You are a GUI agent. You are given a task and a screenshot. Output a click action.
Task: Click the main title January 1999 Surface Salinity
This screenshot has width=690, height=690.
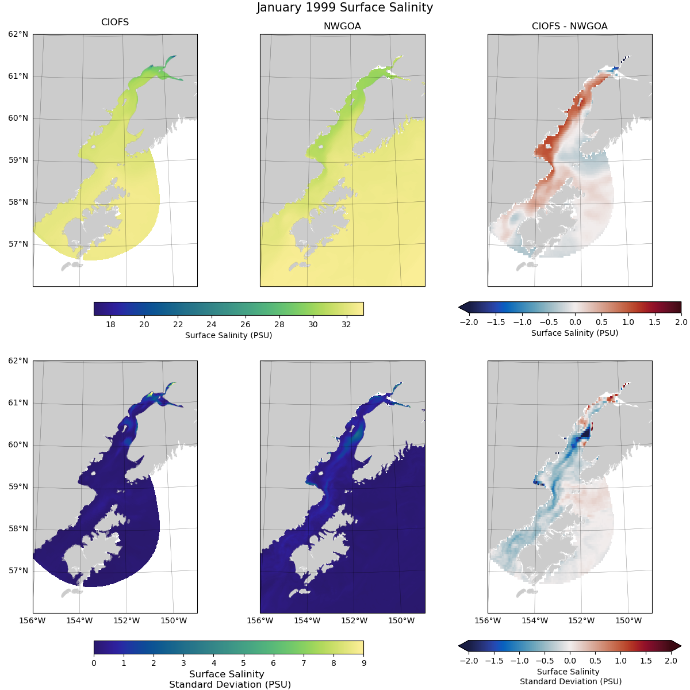344,8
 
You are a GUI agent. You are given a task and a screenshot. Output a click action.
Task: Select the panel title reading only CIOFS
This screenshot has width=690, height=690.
115,22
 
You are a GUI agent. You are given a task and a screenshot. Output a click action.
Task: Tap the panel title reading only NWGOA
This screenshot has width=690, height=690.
342,26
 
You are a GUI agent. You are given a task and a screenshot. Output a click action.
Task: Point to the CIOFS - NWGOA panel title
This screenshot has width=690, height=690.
569,26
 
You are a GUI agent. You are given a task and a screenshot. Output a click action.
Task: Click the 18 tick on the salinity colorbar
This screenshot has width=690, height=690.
110,324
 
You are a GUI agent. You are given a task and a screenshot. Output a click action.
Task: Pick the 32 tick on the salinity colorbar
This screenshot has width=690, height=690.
346,324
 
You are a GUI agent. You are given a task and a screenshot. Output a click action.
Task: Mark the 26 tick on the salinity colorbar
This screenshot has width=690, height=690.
245,324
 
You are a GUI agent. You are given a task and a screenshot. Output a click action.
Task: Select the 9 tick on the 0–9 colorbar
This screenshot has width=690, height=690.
363,663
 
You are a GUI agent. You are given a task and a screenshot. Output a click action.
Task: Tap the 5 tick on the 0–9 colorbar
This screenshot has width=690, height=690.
243,663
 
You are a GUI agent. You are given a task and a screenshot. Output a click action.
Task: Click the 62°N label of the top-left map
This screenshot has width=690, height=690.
18,34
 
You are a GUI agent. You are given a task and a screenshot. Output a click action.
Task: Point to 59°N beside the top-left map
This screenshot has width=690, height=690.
18,160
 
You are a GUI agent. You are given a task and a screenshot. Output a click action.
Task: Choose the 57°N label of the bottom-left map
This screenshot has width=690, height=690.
18,571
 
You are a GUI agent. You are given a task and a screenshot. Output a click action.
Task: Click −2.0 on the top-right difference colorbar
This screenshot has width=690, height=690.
469,323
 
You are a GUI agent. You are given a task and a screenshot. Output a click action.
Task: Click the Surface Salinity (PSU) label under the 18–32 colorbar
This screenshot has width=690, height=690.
228,335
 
